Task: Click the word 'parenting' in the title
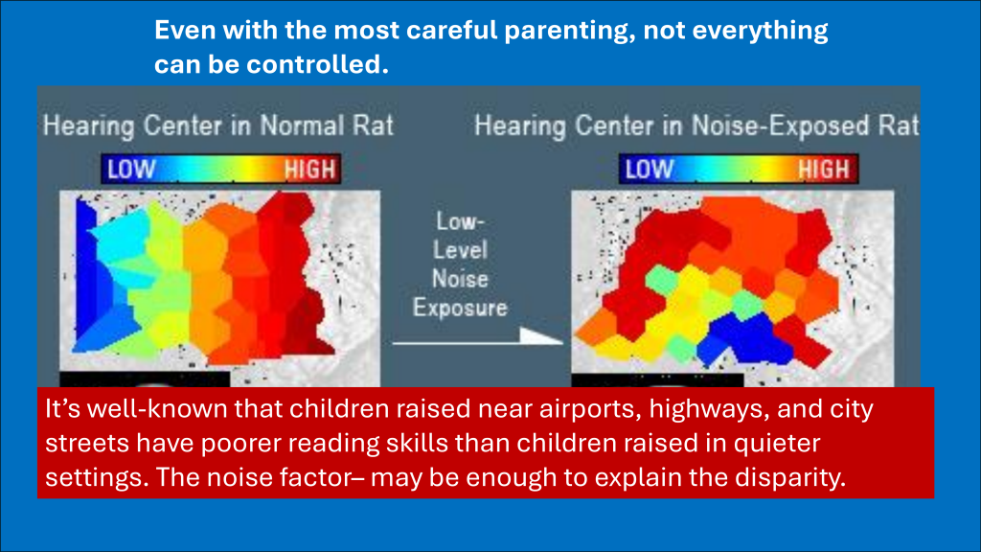click(x=567, y=31)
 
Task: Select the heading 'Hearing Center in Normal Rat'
click(x=218, y=126)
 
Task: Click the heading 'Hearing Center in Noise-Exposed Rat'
click(x=696, y=126)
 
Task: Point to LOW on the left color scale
click(x=131, y=170)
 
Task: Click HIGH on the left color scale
click(x=310, y=170)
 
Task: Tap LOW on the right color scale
click(x=650, y=170)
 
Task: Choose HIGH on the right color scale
click(x=824, y=170)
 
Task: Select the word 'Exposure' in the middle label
click(x=460, y=308)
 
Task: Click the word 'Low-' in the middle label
click(x=460, y=221)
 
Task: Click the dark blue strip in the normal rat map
click(x=86, y=269)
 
